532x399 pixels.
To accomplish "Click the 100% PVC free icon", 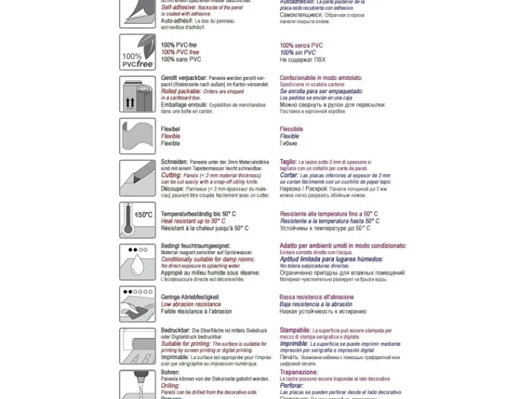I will click(x=138, y=52).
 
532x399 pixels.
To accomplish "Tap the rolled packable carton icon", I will click(x=138, y=94).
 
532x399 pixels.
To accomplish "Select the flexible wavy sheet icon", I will click(x=138, y=136).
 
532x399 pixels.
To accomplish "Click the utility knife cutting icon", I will click(x=138, y=178).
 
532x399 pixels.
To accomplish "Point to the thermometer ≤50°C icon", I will click(x=138, y=220).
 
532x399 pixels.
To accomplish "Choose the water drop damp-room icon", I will click(x=138, y=262).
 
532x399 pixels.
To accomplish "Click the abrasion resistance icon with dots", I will click(x=138, y=304).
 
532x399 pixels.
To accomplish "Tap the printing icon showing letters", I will click(x=138, y=346).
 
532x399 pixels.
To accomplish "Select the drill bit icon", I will click(x=138, y=384).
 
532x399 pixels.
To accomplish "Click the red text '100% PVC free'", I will click(x=180, y=52).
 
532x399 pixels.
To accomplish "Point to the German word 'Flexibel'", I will click(x=171, y=129).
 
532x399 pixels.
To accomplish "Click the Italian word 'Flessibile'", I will click(x=291, y=129).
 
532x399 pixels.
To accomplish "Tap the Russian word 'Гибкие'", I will click(x=289, y=144).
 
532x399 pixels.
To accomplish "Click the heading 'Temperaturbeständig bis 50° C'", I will click(x=198, y=213).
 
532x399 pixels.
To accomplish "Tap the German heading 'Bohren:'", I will click(x=172, y=372).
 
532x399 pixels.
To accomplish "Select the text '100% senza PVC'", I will click(x=301, y=45).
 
